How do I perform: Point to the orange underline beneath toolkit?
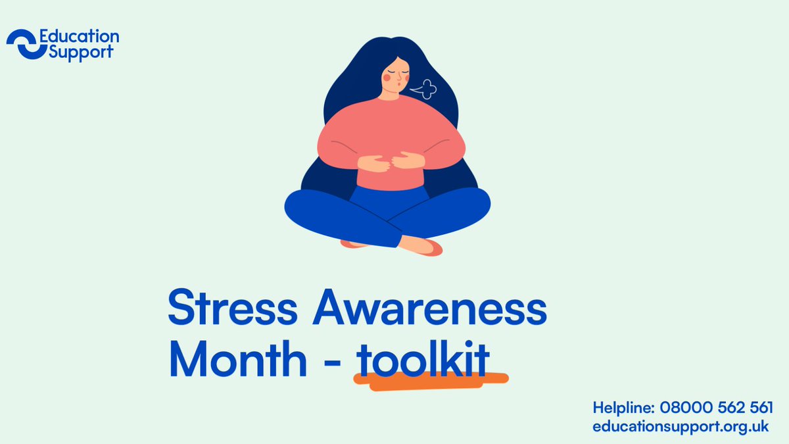(x=431, y=381)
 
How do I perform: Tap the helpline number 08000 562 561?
(x=719, y=407)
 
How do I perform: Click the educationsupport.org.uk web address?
(x=680, y=426)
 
